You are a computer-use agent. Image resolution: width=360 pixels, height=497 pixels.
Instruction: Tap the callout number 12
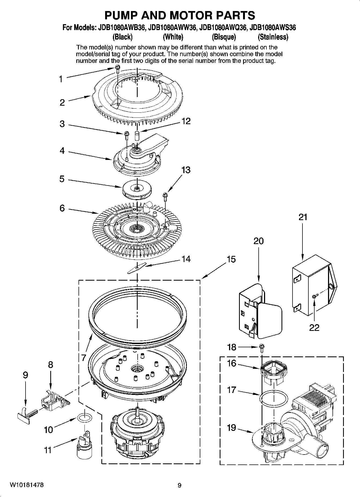186,121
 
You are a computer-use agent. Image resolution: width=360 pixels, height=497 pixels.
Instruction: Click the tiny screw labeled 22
314,296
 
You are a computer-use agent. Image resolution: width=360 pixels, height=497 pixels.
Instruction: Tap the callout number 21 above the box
303,217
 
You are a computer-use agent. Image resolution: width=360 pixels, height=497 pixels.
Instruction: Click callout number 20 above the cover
258,241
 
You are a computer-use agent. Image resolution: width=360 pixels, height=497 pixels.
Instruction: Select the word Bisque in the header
224,37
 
